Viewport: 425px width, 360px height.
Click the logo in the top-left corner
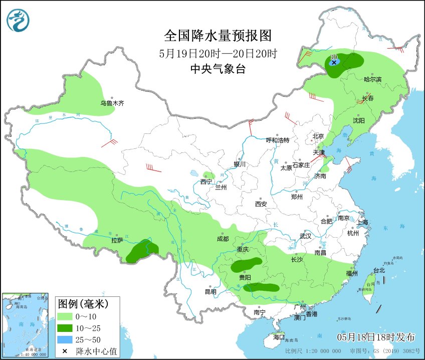[18, 20]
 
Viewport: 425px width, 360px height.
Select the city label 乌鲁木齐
[111, 103]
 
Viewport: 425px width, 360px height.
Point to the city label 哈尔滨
[372, 79]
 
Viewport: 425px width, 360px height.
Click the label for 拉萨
[117, 240]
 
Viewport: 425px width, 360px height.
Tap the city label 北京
[318, 136]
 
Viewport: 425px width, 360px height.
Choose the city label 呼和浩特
[277, 140]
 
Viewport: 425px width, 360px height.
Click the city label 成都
[223, 239]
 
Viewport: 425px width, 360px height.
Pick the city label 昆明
[210, 292]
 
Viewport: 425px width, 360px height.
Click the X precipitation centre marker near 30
[334, 63]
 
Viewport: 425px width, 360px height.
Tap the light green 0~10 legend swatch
[65, 317]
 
